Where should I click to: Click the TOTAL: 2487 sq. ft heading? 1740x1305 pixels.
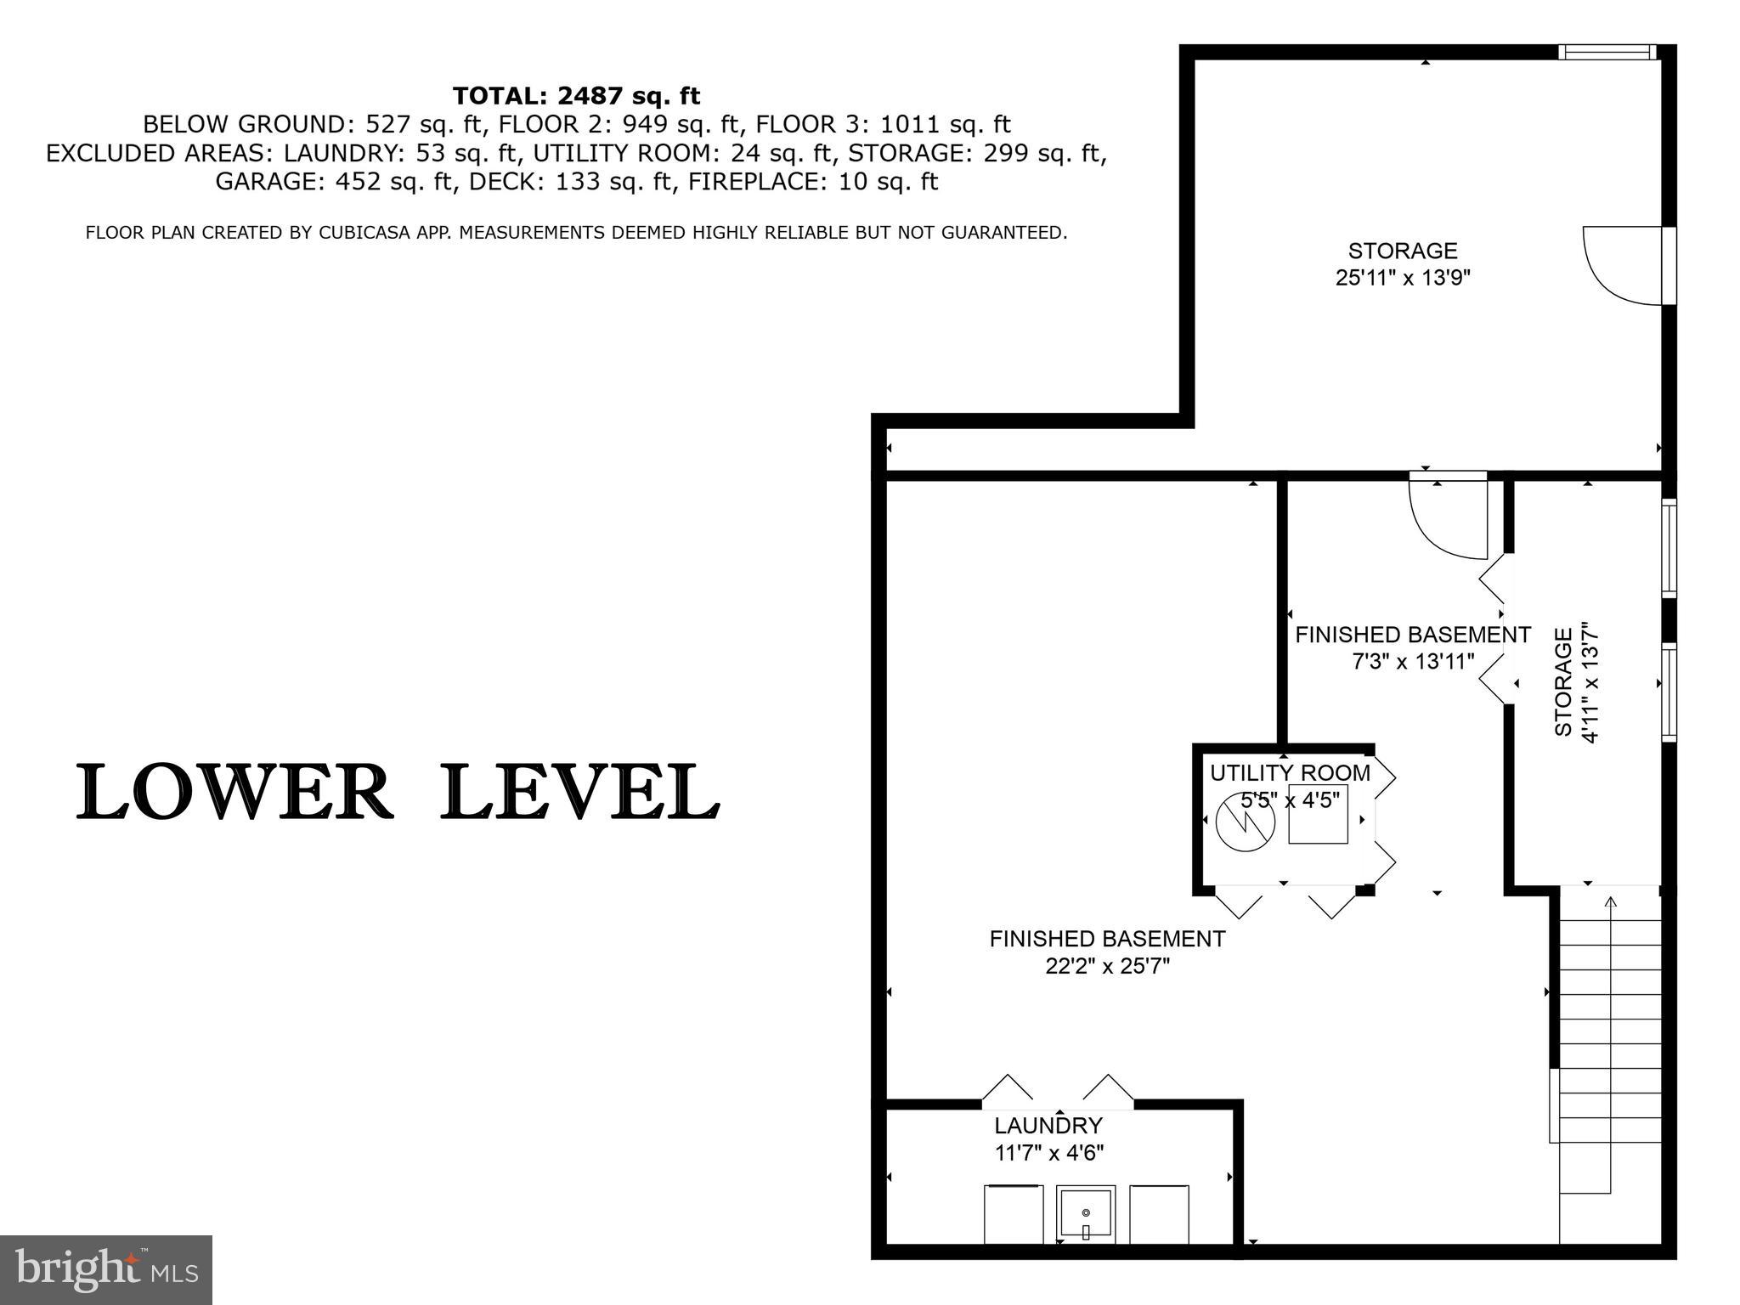tap(576, 95)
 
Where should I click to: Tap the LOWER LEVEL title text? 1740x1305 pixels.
tap(398, 792)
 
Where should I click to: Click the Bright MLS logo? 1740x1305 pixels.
tap(105, 1269)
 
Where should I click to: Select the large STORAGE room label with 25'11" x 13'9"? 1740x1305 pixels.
tap(1403, 263)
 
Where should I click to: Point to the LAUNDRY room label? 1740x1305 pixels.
tap(1048, 1126)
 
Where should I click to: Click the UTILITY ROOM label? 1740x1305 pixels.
tap(1290, 773)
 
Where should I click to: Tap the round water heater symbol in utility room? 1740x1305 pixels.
tap(1246, 822)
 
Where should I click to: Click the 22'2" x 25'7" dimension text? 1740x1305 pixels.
tap(1108, 966)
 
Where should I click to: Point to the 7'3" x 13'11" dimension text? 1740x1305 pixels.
tap(1413, 661)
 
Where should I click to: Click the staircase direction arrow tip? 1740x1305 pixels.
tap(1610, 901)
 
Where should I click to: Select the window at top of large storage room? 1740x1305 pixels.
tap(1607, 53)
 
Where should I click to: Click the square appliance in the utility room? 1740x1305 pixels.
tap(1318, 814)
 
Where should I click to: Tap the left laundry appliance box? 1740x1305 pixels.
tap(1014, 1215)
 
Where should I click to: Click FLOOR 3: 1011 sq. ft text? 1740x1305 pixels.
tap(883, 125)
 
